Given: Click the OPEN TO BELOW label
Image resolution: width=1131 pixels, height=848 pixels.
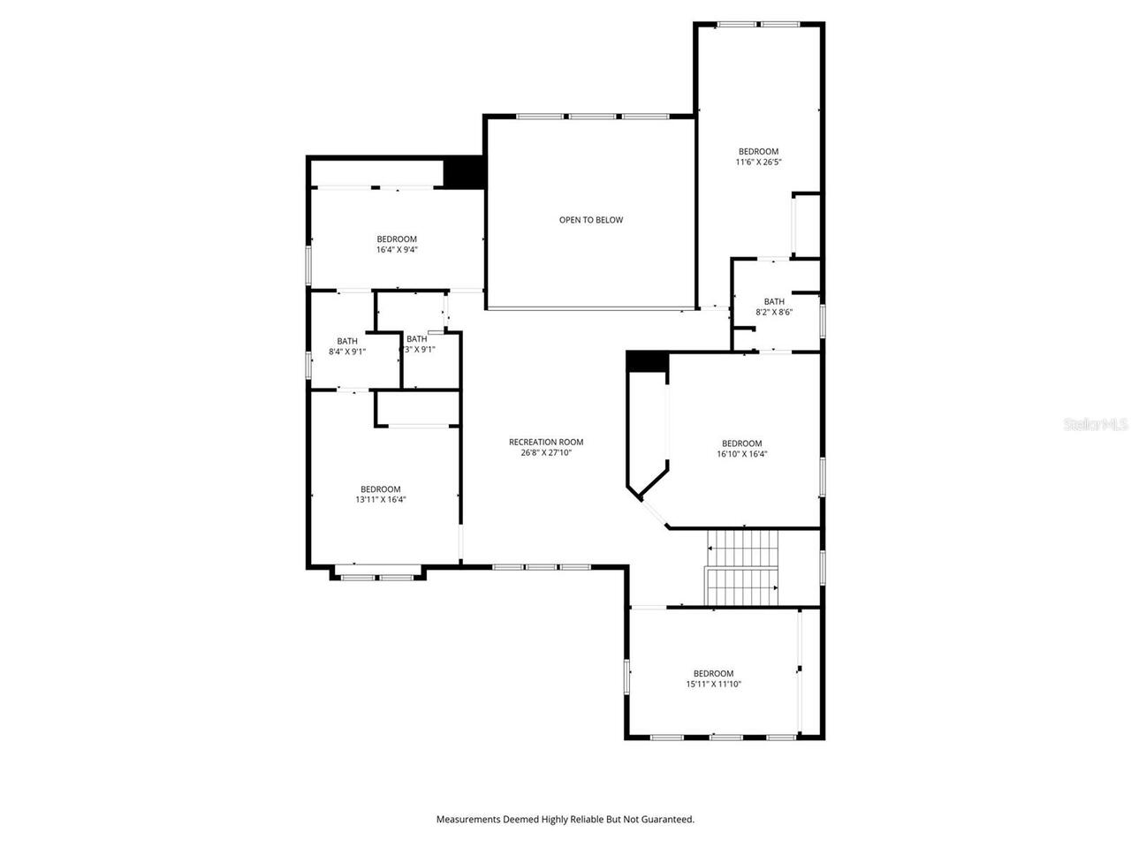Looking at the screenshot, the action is pos(590,220).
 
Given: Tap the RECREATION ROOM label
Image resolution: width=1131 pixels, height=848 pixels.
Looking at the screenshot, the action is pos(546,443).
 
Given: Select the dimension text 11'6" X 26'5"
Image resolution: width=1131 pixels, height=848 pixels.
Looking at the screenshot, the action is pos(758,163).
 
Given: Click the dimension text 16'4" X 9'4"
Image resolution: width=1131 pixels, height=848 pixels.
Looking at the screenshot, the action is pos(396,250).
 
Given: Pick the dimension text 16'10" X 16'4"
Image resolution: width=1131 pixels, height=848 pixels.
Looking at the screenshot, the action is pos(741,455).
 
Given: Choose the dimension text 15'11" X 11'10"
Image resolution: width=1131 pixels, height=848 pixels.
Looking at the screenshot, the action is pos(713,685).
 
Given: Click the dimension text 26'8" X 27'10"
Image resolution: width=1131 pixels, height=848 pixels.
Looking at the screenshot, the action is pos(546,453).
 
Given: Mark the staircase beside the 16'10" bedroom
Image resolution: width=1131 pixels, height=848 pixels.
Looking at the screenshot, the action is pos(742,567).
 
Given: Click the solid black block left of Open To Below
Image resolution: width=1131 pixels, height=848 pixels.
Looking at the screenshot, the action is pos(464,172).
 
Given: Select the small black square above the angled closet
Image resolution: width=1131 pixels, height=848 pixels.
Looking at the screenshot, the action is pos(647,361).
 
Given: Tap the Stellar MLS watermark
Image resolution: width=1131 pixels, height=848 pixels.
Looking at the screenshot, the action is pos(1096,424).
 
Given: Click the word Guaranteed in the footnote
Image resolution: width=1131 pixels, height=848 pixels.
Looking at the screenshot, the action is pos(671,820).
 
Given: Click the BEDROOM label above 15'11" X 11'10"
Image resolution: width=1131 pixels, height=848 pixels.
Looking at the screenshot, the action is pos(713,673).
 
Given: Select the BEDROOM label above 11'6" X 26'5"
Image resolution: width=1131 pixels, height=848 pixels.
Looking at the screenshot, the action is pos(758,151).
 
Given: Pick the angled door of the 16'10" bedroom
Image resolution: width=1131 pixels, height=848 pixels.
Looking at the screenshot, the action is pos(654,512).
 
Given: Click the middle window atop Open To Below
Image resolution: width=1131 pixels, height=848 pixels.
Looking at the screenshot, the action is pos(591,116).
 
